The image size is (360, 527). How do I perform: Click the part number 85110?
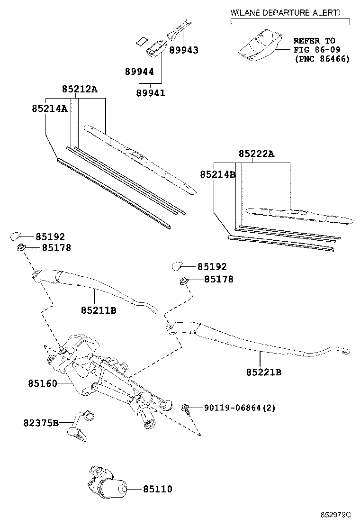click(158, 489)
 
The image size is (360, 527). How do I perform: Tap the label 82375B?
click(41, 422)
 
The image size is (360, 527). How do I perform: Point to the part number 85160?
click(42, 383)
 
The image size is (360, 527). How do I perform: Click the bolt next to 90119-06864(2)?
click(187, 408)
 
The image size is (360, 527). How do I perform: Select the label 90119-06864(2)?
click(240, 408)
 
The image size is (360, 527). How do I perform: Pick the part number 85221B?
click(263, 373)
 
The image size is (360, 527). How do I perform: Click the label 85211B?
click(99, 310)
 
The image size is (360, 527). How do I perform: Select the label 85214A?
click(49, 108)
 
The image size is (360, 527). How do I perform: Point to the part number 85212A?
click(80, 89)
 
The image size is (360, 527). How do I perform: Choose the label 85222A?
click(256, 154)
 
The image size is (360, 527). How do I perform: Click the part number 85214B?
click(217, 174)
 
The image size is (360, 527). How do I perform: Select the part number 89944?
click(139, 72)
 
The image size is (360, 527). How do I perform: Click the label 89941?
click(151, 93)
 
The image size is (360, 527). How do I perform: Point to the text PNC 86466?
click(322, 59)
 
